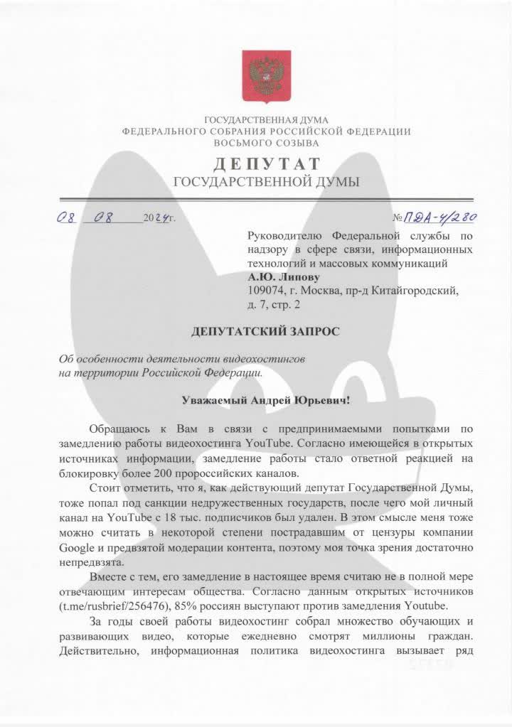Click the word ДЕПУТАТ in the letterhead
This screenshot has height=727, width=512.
coord(266,164)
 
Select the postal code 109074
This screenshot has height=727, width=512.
coord(265,291)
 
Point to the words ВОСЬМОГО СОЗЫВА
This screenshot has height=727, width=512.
coord(266,142)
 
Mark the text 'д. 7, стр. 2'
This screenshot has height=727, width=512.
coord(274,305)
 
